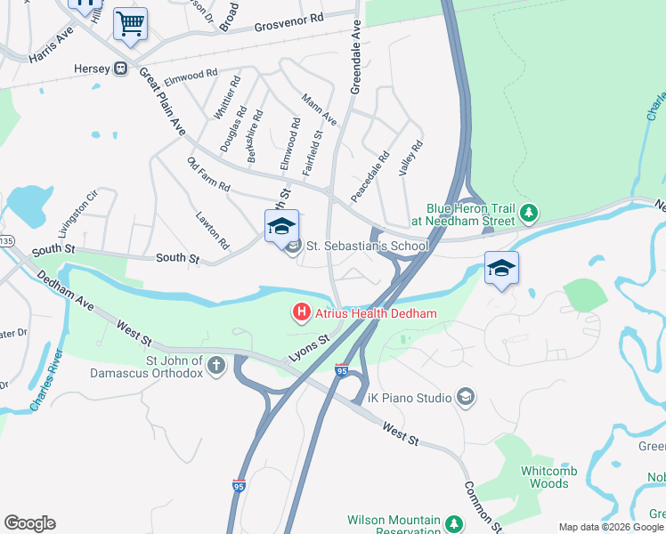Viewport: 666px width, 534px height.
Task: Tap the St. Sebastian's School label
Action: [x=368, y=246]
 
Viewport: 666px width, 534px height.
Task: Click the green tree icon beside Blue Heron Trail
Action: [x=530, y=213]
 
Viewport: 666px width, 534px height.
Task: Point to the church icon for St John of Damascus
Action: [x=216, y=364]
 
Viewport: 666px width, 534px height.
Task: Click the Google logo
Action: [x=29, y=523]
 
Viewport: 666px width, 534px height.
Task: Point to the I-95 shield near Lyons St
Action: [x=342, y=369]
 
